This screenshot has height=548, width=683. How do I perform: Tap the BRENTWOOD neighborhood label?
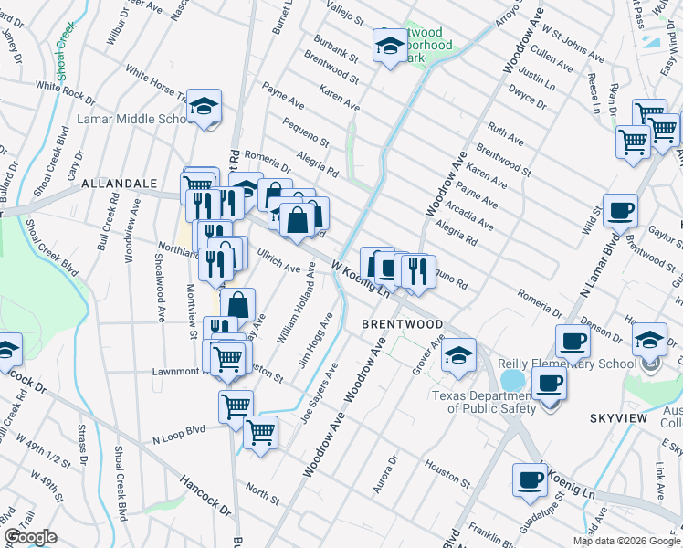click(x=402, y=324)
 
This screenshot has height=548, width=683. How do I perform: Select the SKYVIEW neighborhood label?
click(x=618, y=417)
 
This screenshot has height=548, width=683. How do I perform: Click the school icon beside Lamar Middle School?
click(x=205, y=108)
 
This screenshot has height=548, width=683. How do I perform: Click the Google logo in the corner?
click(x=30, y=536)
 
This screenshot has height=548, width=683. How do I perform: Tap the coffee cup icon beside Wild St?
click(x=620, y=210)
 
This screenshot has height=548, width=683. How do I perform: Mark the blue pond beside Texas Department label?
click(x=513, y=379)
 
